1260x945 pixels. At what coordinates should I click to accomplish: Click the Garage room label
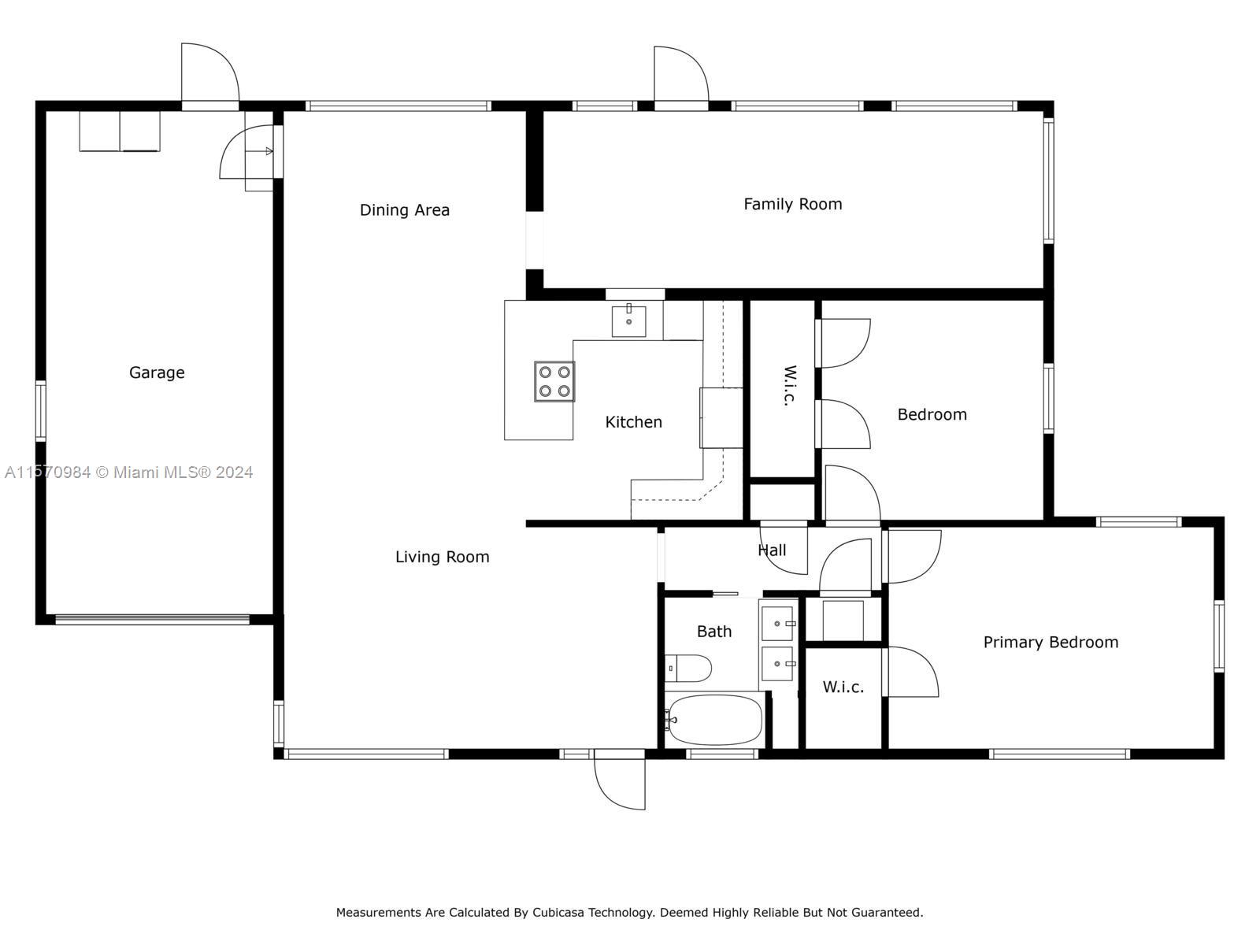pos(157,373)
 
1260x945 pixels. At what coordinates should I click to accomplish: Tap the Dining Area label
pos(405,210)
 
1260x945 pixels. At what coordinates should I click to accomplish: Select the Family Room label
pos(793,204)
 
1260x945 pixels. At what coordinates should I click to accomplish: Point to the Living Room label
pos(442,557)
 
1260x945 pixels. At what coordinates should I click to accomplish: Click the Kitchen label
pos(634,422)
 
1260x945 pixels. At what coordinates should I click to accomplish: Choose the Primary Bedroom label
pos(1051,642)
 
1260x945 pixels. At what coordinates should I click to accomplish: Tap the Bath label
pos(714,632)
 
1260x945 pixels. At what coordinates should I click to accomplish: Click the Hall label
pos(772,550)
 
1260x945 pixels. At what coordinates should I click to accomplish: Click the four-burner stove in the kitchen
pos(554,382)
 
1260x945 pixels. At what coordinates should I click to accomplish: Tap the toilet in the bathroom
pos(688,669)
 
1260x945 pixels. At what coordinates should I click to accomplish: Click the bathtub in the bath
pos(715,720)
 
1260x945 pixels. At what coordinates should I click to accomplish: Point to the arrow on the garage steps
pos(269,151)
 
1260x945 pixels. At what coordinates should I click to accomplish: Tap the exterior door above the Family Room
pos(681,74)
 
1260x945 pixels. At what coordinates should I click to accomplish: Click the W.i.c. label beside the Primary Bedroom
pos(843,687)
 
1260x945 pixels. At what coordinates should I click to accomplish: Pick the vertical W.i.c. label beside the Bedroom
pos(790,386)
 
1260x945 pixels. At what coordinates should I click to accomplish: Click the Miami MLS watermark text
pos(128,472)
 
